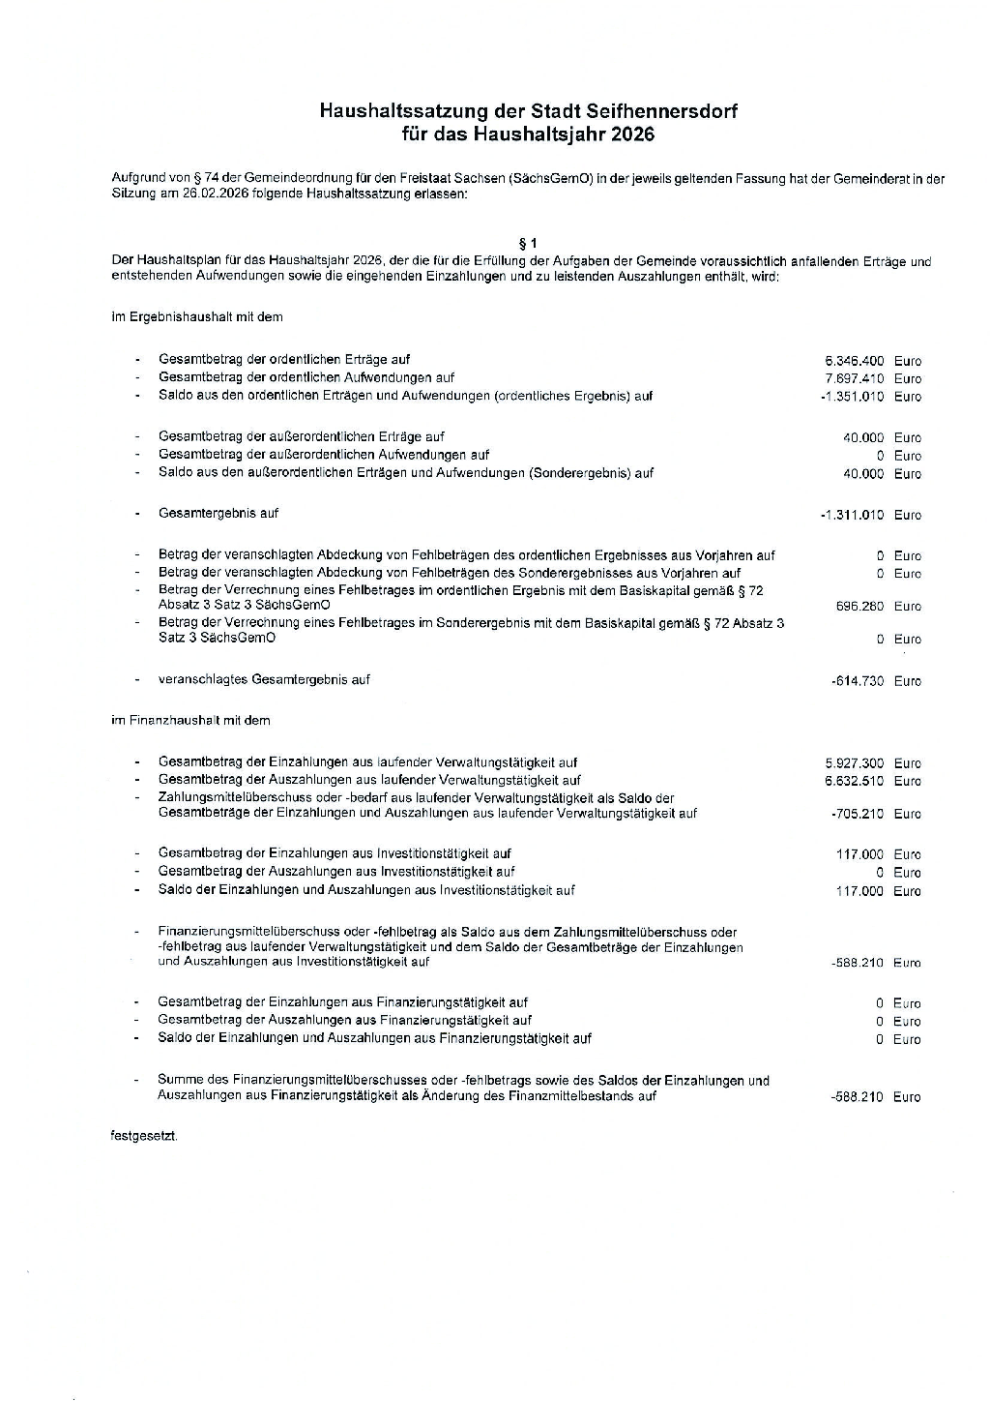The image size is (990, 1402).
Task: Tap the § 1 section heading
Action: tap(528, 244)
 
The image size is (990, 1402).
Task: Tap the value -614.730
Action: tap(858, 681)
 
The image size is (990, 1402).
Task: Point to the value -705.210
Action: tap(858, 815)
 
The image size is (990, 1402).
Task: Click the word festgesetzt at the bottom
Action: tap(144, 1136)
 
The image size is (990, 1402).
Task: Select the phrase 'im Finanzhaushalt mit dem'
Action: tap(191, 721)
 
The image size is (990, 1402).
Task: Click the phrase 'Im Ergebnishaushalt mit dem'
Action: tap(197, 317)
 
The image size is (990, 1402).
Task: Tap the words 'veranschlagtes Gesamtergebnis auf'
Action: tap(264, 680)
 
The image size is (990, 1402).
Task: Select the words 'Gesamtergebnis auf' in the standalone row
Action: tap(218, 514)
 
